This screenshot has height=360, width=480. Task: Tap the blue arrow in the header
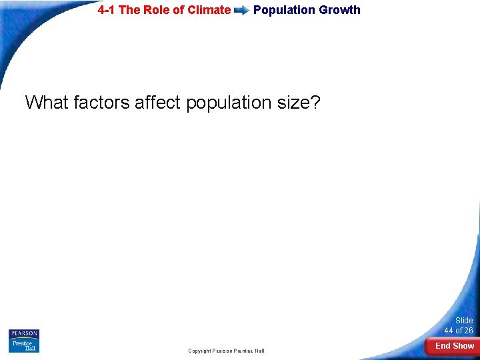pos(241,11)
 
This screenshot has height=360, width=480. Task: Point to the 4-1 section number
pos(107,10)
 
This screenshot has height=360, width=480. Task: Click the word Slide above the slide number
pos(464,321)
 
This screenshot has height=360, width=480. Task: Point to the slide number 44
pos(449,331)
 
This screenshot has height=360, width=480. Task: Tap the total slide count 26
pos(468,331)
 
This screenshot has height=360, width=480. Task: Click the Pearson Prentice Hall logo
pos(24,341)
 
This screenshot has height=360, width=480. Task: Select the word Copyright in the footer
pos(199,351)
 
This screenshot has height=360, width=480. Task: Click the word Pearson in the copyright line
pos(225,351)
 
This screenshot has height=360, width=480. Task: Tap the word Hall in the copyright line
pos(259,351)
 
